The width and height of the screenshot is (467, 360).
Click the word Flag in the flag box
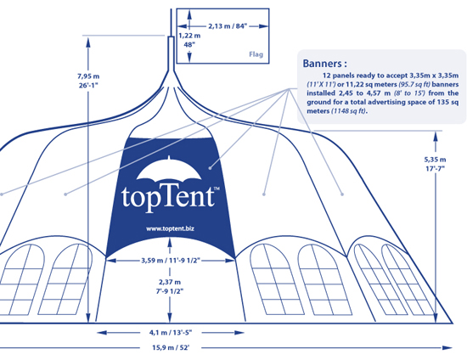(256, 54)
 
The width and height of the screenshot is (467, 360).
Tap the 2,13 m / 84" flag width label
(228, 26)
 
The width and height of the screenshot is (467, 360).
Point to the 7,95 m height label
(88, 76)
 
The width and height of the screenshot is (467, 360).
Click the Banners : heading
(324, 64)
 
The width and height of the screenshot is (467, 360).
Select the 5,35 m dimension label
(435, 160)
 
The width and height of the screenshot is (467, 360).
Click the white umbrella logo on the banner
(169, 169)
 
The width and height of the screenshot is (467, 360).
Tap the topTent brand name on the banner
(168, 196)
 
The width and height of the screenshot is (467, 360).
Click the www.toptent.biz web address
(170, 228)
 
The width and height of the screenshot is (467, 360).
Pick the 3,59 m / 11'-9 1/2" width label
(171, 261)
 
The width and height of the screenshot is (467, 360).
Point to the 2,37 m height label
(170, 282)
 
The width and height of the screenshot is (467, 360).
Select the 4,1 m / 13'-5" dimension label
(171, 332)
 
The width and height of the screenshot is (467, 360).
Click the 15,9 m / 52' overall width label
(171, 347)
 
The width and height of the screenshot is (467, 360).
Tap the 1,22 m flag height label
(189, 36)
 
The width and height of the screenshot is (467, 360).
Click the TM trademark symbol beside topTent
(217, 188)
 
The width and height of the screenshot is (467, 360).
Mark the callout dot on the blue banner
(210, 168)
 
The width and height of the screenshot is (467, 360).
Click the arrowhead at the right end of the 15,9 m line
(447, 347)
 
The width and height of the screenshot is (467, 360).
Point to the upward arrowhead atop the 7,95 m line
(88, 43)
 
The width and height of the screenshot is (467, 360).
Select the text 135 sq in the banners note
(447, 102)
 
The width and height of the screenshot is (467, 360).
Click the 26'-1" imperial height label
(88, 86)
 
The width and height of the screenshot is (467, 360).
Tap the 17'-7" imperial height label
(435, 168)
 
